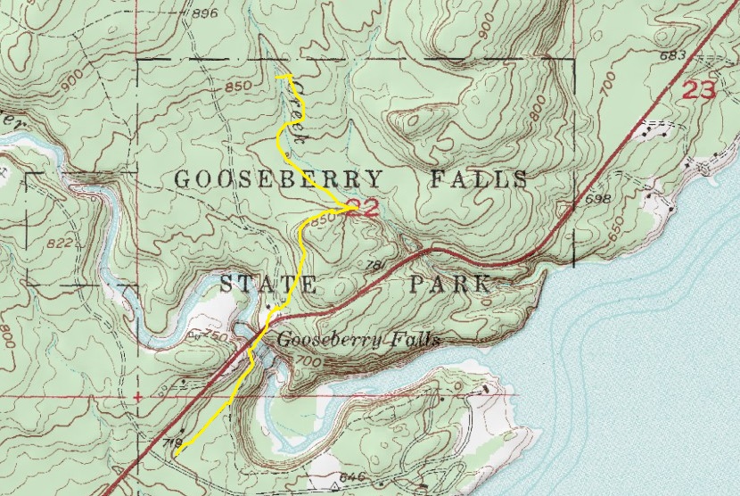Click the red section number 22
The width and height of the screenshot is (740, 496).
click(x=363, y=210)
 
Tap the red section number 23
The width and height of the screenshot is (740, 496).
click(x=699, y=89)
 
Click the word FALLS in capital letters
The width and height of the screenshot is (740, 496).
click(x=479, y=179)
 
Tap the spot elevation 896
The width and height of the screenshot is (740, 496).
click(x=204, y=13)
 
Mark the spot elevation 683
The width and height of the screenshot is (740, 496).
click(x=671, y=55)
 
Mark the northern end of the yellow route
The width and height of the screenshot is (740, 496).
click(x=279, y=78)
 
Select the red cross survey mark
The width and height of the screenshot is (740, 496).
click(x=137, y=395)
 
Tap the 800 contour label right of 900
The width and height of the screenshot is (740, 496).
click(x=535, y=112)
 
